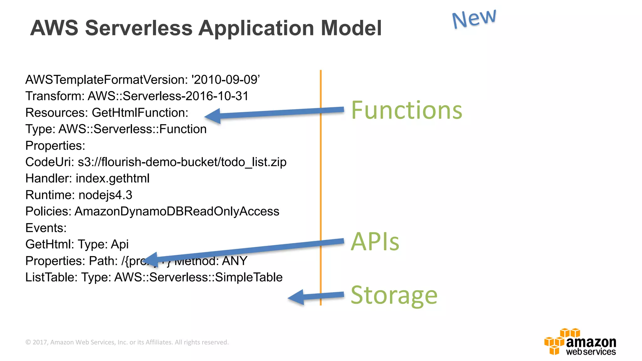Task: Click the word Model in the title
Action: click(x=351, y=28)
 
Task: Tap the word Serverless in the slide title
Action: click(x=139, y=28)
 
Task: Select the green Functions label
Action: click(x=407, y=110)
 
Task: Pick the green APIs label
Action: click(x=375, y=242)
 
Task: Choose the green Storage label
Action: click(x=394, y=295)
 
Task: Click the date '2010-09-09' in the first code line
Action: click(x=226, y=80)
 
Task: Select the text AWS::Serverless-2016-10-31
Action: click(x=168, y=96)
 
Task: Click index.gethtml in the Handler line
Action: click(x=113, y=179)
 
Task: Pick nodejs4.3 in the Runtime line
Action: click(x=105, y=195)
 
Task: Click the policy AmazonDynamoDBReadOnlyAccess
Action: click(x=177, y=212)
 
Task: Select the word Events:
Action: click(x=46, y=228)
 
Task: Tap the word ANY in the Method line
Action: click(x=235, y=261)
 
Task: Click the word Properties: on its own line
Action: click(x=55, y=146)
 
